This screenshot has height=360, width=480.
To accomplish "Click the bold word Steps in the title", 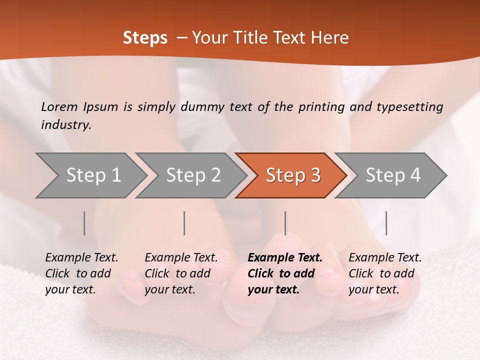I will coord(145,38).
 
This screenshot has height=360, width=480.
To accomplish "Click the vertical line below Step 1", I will coord(84,223).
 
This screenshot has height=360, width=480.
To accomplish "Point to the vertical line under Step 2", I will coord(184,223).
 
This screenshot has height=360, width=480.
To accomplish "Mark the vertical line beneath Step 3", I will coord(285,223).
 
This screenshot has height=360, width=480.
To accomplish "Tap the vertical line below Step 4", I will coord(386,223).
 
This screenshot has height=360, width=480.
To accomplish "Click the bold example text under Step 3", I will coord(284,273).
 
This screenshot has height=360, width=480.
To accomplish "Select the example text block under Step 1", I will coord(81,273).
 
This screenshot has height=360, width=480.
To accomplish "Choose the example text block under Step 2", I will coord(180,273).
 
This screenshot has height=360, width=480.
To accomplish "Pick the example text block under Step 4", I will coord(384,273).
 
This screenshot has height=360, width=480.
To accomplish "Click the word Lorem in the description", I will coord(59,107).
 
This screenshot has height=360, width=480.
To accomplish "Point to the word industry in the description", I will coord(66,125).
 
